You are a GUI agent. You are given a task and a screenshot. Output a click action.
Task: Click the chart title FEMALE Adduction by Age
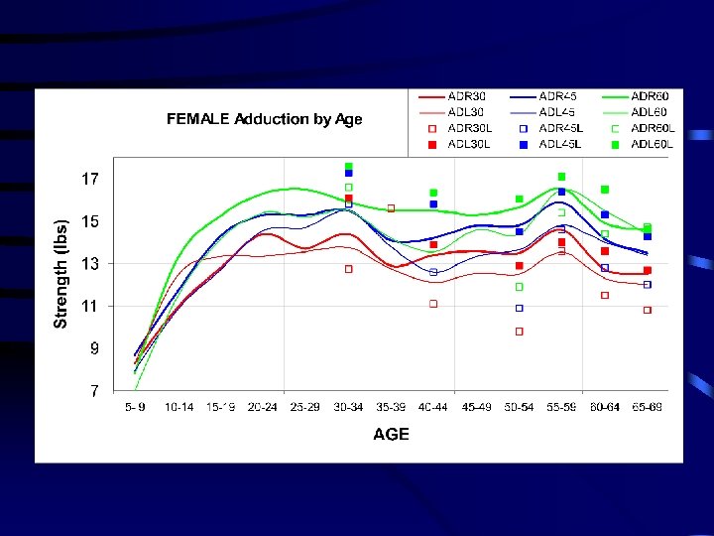coord(264,119)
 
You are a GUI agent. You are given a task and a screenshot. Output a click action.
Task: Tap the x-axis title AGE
coord(391,435)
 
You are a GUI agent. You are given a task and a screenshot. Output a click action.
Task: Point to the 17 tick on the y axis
coord(90,180)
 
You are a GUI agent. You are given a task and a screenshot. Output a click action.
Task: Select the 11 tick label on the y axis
coord(90,307)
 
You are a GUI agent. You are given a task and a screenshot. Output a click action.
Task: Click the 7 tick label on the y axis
coord(94,392)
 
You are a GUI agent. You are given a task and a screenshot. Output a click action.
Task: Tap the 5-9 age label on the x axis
coord(135,407)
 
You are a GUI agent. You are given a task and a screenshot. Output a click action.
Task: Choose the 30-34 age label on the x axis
coord(348,407)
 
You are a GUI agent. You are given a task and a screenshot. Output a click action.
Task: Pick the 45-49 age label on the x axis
coord(476,407)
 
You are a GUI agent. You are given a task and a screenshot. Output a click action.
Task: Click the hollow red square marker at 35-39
coord(391,208)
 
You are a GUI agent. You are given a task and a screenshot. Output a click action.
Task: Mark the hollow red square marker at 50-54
coord(519,332)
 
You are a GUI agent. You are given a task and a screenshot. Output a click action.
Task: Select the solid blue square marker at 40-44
coord(433,204)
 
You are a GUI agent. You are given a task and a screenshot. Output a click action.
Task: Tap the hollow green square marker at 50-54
coord(519,287)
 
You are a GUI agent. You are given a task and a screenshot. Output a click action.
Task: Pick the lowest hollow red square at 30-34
coord(348,269)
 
